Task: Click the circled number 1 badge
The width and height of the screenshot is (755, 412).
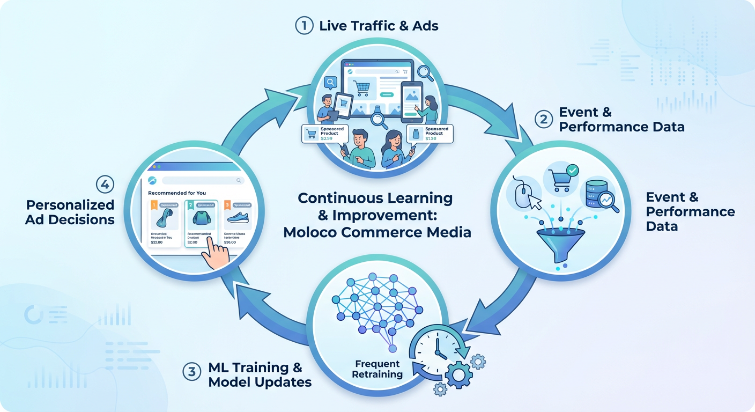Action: click(x=304, y=25)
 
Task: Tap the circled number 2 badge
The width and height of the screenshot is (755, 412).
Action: click(x=543, y=119)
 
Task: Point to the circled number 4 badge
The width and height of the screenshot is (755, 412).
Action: click(x=105, y=185)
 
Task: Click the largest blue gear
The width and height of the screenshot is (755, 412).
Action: click(x=458, y=374)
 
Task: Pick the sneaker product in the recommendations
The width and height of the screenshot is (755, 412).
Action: click(x=237, y=218)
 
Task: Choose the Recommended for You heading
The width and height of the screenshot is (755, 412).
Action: click(x=177, y=193)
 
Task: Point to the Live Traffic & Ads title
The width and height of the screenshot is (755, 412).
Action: click(x=378, y=26)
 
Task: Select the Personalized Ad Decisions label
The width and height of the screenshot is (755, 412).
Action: click(x=70, y=212)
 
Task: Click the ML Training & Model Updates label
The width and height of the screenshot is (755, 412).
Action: click(x=255, y=374)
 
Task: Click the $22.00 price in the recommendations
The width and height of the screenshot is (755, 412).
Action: click(x=157, y=242)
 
